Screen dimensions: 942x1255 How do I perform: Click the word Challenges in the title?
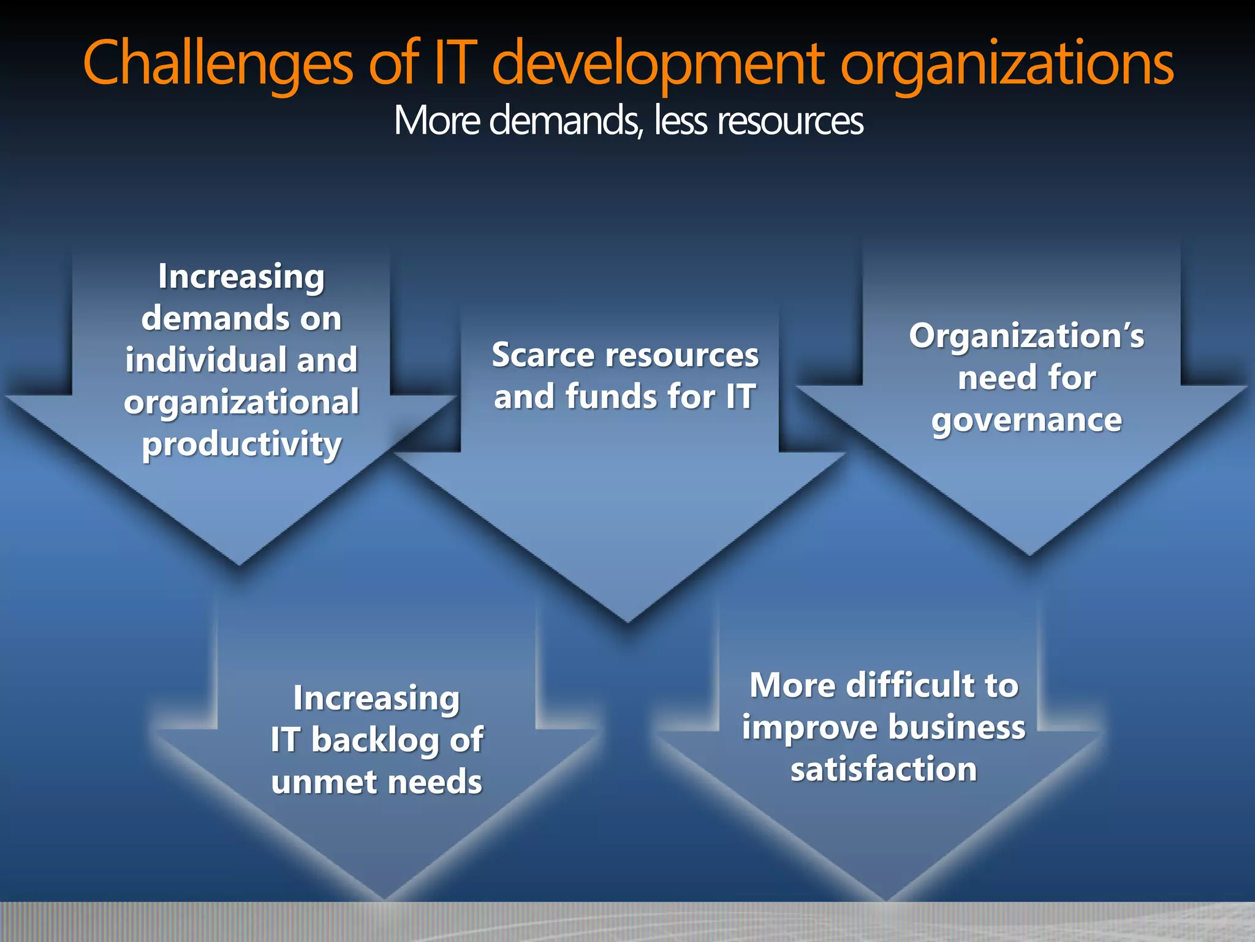tap(218, 64)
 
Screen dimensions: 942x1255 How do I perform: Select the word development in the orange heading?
tap(659, 64)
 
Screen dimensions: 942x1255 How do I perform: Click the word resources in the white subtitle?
tap(790, 121)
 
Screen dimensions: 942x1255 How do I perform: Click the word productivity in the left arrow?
tap(241, 444)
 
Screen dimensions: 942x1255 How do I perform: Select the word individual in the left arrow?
tap(206, 360)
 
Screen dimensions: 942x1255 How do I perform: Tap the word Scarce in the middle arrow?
tap(543, 355)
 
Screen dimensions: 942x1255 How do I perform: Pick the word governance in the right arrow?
tap(1027, 421)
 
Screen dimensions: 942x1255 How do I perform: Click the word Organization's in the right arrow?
tap(1026, 336)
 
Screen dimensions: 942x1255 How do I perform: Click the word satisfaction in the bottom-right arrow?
tap(884, 769)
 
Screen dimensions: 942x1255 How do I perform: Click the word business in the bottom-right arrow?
tap(956, 727)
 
